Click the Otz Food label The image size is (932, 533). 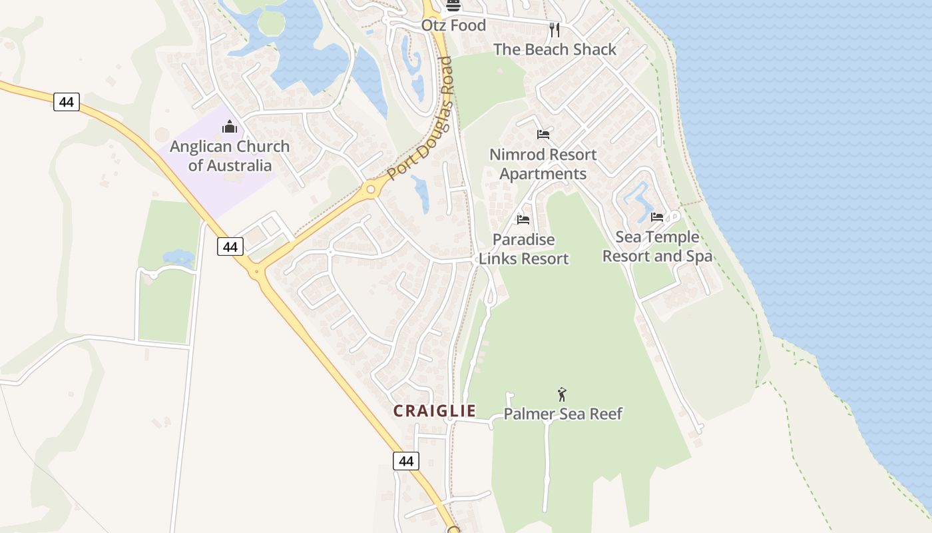[453, 25]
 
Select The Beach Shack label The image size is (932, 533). [555, 49]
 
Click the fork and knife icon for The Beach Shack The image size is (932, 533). [554, 30]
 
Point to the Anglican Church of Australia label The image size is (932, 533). [230, 156]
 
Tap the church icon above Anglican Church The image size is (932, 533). [230, 126]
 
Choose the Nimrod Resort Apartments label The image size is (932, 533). [543, 164]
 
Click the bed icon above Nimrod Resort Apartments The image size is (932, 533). [543, 135]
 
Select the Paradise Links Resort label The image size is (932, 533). [523, 249]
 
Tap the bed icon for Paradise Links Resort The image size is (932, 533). [523, 219]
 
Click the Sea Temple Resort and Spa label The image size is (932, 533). [657, 247]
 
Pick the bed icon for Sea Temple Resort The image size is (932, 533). [657, 217]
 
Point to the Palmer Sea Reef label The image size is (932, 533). [563, 414]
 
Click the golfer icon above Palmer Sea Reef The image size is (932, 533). [562, 394]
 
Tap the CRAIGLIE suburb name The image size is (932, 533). [434, 411]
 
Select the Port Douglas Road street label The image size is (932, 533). [420, 119]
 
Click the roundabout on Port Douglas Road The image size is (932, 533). [371, 190]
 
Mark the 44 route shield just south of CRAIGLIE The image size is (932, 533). [406, 460]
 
